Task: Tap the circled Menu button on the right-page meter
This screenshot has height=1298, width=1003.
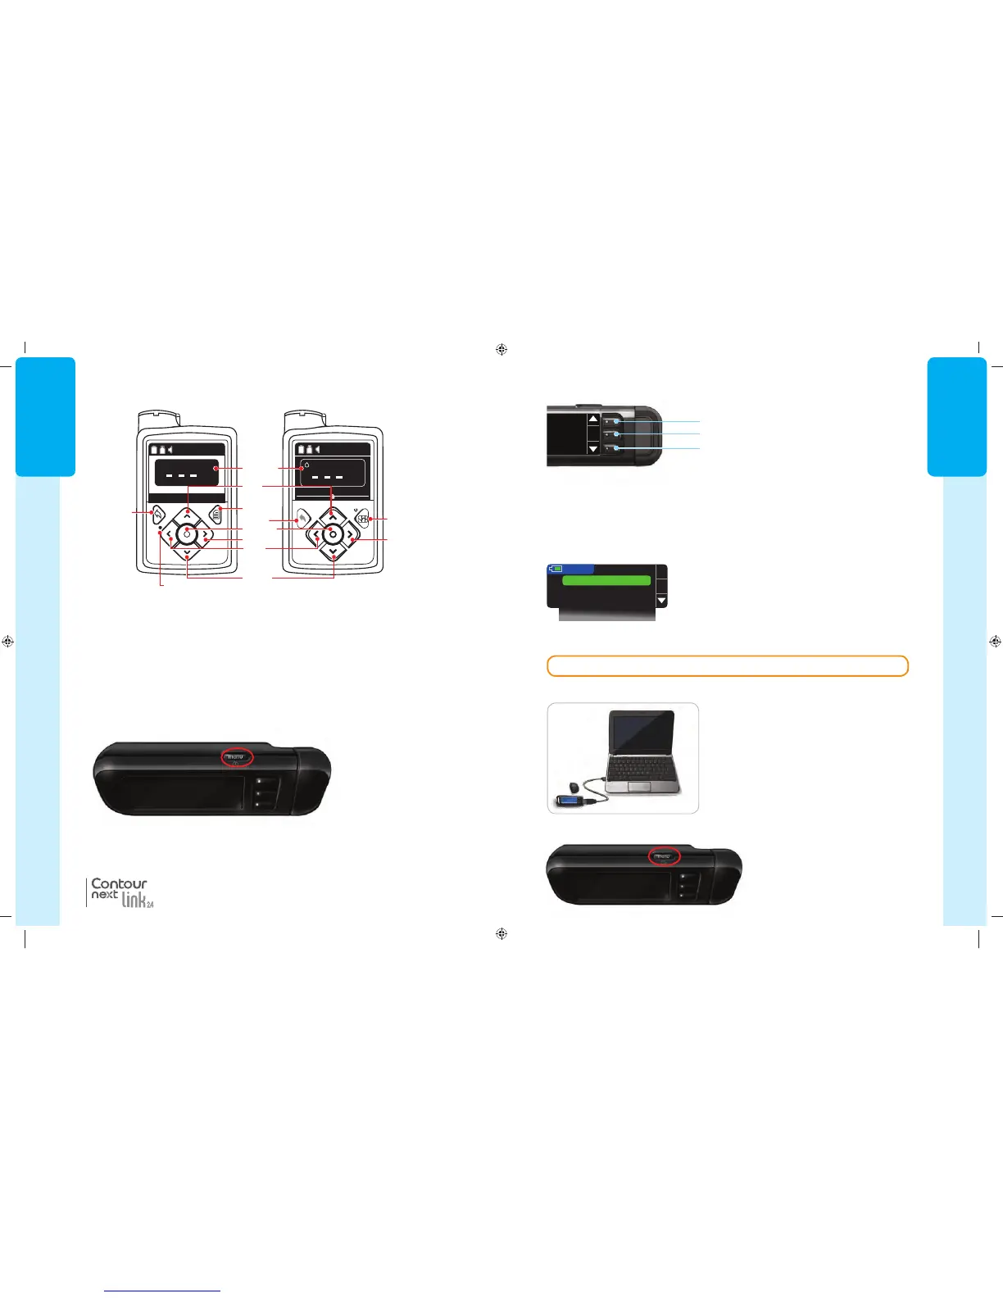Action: point(665,856)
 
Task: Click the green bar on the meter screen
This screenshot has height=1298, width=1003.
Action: point(606,580)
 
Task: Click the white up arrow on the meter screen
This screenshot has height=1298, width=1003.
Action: point(593,420)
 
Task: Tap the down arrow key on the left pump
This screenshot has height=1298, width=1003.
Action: point(188,555)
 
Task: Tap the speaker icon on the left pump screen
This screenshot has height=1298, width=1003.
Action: point(170,449)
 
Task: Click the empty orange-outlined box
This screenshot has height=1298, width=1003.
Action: point(727,665)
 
